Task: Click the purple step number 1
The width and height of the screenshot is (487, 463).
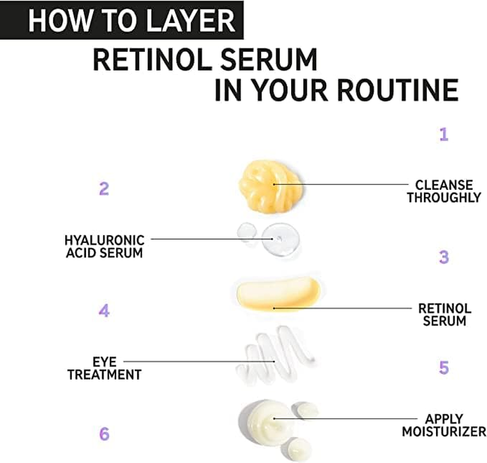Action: pos(443,135)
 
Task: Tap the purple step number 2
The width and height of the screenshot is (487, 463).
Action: pos(104,189)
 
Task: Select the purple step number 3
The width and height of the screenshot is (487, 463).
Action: pos(443,257)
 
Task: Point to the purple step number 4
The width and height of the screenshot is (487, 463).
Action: pos(104,311)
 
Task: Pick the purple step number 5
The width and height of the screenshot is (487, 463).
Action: pos(443,368)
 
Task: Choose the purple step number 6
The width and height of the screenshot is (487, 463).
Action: pos(104,433)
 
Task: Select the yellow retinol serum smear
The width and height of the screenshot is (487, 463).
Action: pos(276,293)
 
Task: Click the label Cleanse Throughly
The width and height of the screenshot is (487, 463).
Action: pos(444,192)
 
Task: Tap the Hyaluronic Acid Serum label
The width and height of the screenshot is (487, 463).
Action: pos(105,245)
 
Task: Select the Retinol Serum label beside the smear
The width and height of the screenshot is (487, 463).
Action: pos(444,314)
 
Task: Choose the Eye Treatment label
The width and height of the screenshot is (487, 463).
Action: pos(105,368)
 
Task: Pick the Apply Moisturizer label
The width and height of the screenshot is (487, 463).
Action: pos(444,425)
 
